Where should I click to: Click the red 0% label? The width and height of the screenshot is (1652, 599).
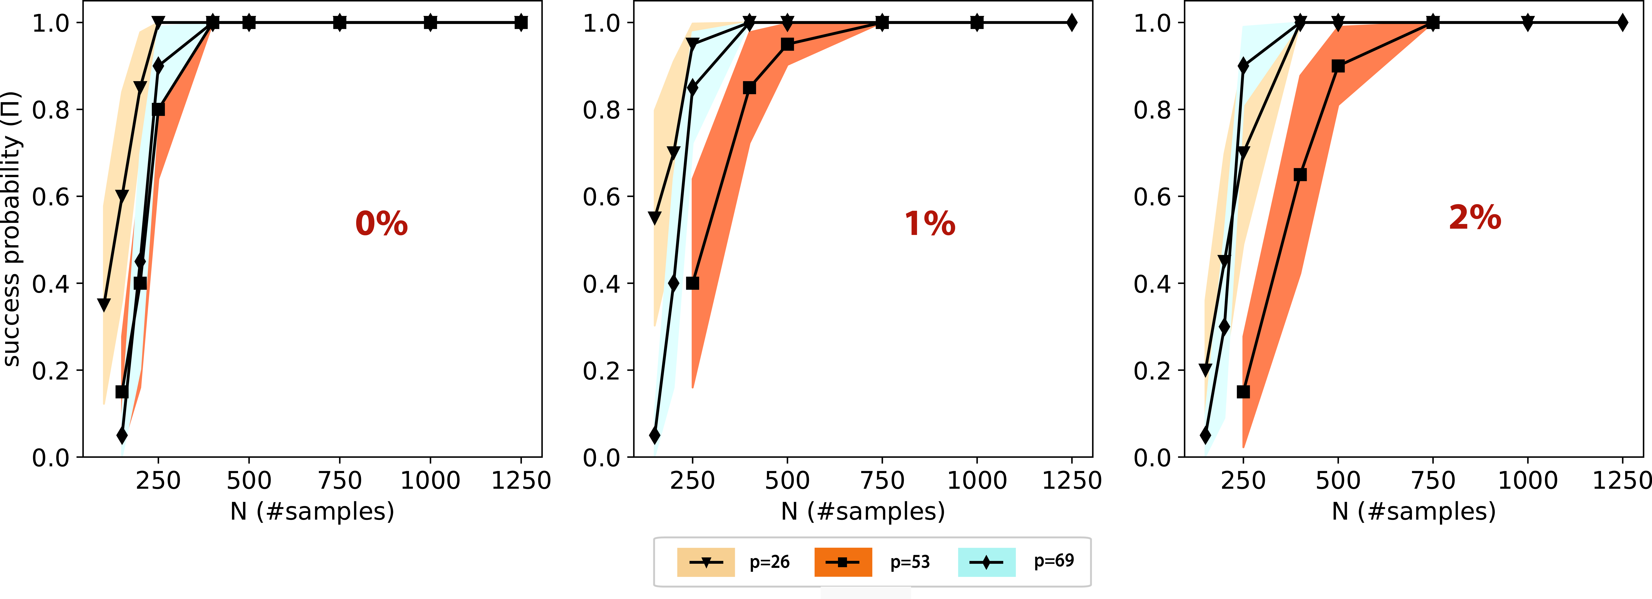(382, 223)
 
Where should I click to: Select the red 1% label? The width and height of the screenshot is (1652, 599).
(930, 223)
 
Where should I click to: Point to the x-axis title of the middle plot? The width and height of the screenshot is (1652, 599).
(863, 511)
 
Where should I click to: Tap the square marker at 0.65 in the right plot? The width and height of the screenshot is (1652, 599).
(1300, 174)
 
